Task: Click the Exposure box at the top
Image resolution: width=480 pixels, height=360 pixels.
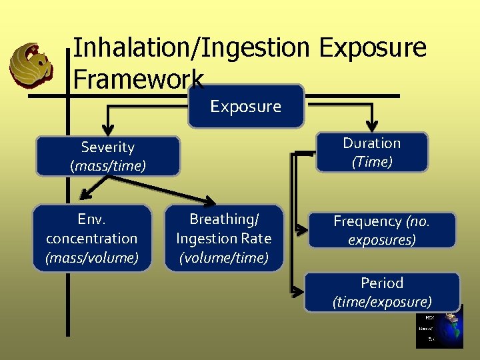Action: point(245,106)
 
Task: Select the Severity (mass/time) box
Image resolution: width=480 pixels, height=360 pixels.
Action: point(107,157)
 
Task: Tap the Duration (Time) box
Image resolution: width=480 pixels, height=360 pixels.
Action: point(371,153)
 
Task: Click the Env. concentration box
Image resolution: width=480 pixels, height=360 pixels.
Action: point(92,238)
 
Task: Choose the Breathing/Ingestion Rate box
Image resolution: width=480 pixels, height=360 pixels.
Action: point(223,238)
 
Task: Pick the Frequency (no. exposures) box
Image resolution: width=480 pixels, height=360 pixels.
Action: point(381,230)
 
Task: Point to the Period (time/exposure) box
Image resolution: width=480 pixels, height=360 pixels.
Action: point(381,292)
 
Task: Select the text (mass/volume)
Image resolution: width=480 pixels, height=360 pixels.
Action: point(92,257)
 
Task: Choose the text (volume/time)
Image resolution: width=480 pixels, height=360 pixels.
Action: point(223,257)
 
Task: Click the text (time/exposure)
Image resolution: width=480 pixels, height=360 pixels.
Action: point(381,302)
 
